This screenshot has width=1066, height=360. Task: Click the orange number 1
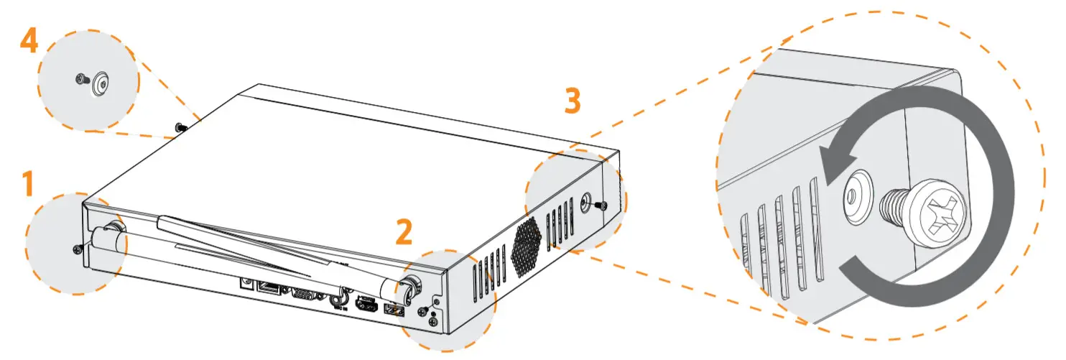27,185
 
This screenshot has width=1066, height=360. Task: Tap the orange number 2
404,231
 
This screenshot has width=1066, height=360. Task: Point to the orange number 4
29,41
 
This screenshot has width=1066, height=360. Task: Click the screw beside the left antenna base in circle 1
78,249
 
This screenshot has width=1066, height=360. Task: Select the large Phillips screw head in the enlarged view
937,213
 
